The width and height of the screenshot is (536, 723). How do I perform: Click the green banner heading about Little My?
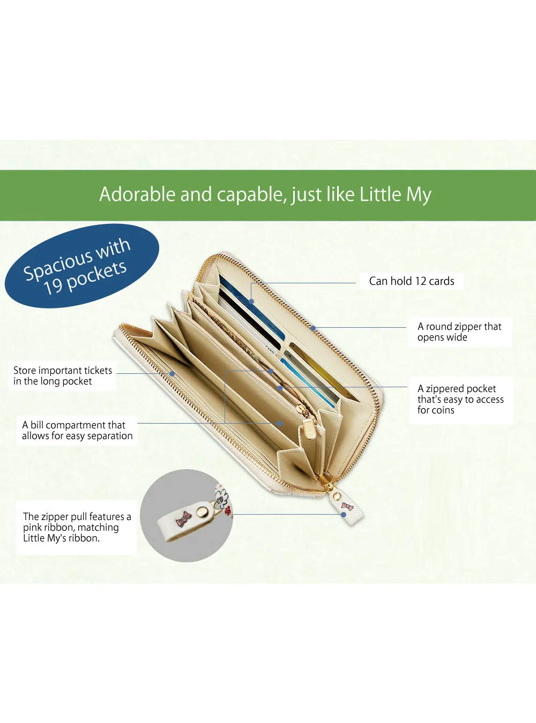pyautogui.click(x=265, y=194)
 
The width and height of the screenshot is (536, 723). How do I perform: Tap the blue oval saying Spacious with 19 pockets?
pyautogui.click(x=82, y=266)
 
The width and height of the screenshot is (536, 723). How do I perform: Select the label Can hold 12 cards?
pyautogui.click(x=411, y=281)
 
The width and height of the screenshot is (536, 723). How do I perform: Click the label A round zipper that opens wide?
pyautogui.click(x=459, y=332)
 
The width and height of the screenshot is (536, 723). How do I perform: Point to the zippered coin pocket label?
pyautogui.click(x=460, y=400)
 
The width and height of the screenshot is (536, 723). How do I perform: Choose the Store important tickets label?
pyautogui.click(x=62, y=375)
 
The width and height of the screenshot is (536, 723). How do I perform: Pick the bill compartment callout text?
pyautogui.click(x=77, y=430)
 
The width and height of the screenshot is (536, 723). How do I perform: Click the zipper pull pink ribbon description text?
pyautogui.click(x=77, y=527)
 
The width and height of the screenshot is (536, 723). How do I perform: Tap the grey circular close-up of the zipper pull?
pyautogui.click(x=187, y=515)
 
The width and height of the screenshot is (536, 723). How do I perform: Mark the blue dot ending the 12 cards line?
pyautogui.click(x=251, y=302)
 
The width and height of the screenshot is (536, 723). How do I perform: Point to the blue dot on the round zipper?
pyautogui.click(x=313, y=328)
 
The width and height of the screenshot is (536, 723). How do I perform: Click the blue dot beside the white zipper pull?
pyautogui.click(x=344, y=515)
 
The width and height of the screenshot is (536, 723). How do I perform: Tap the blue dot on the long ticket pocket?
pyautogui.click(x=172, y=374)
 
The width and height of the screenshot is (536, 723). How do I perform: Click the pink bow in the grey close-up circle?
pyautogui.click(x=184, y=518)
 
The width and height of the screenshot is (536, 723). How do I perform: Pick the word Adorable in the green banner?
pyautogui.click(x=138, y=194)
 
